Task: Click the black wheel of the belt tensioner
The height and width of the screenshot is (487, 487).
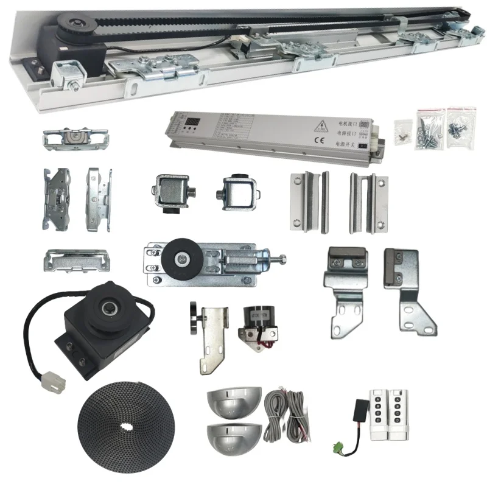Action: [181, 259]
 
